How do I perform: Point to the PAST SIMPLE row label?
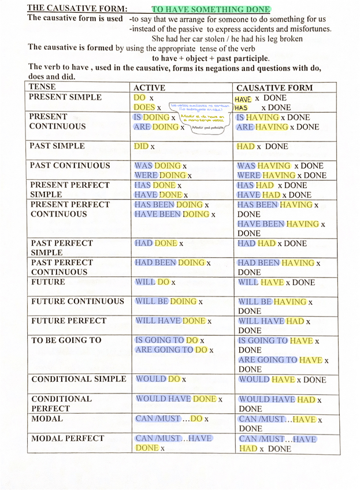[57, 146]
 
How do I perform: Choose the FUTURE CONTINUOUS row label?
[77, 301]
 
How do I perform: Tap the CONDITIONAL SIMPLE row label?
[78, 379]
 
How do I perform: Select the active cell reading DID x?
[144, 147]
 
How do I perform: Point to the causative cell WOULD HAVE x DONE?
[282, 380]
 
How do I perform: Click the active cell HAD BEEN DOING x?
[172, 263]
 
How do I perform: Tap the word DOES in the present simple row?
[144, 107]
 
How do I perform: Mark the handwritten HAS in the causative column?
[242, 107]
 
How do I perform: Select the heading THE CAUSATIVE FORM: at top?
[77, 8]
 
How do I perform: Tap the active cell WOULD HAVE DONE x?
[179, 399]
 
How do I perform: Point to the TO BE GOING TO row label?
[66, 340]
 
